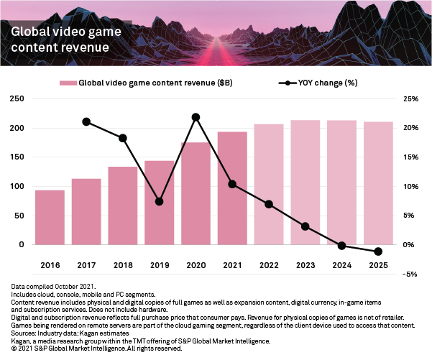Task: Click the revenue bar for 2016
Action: pos(50,217)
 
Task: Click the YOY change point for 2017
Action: pos(86,121)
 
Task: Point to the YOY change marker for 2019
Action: pos(159,202)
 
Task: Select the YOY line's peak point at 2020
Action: pos(196,116)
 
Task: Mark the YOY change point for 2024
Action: pos(341,246)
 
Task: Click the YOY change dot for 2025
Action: pos(378,251)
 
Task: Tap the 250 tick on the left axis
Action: pos(15,98)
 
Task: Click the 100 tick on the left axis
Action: pos(15,187)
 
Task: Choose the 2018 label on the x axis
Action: pos(123,265)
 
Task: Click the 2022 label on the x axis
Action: pos(269,265)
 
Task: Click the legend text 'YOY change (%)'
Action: pos(327,83)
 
